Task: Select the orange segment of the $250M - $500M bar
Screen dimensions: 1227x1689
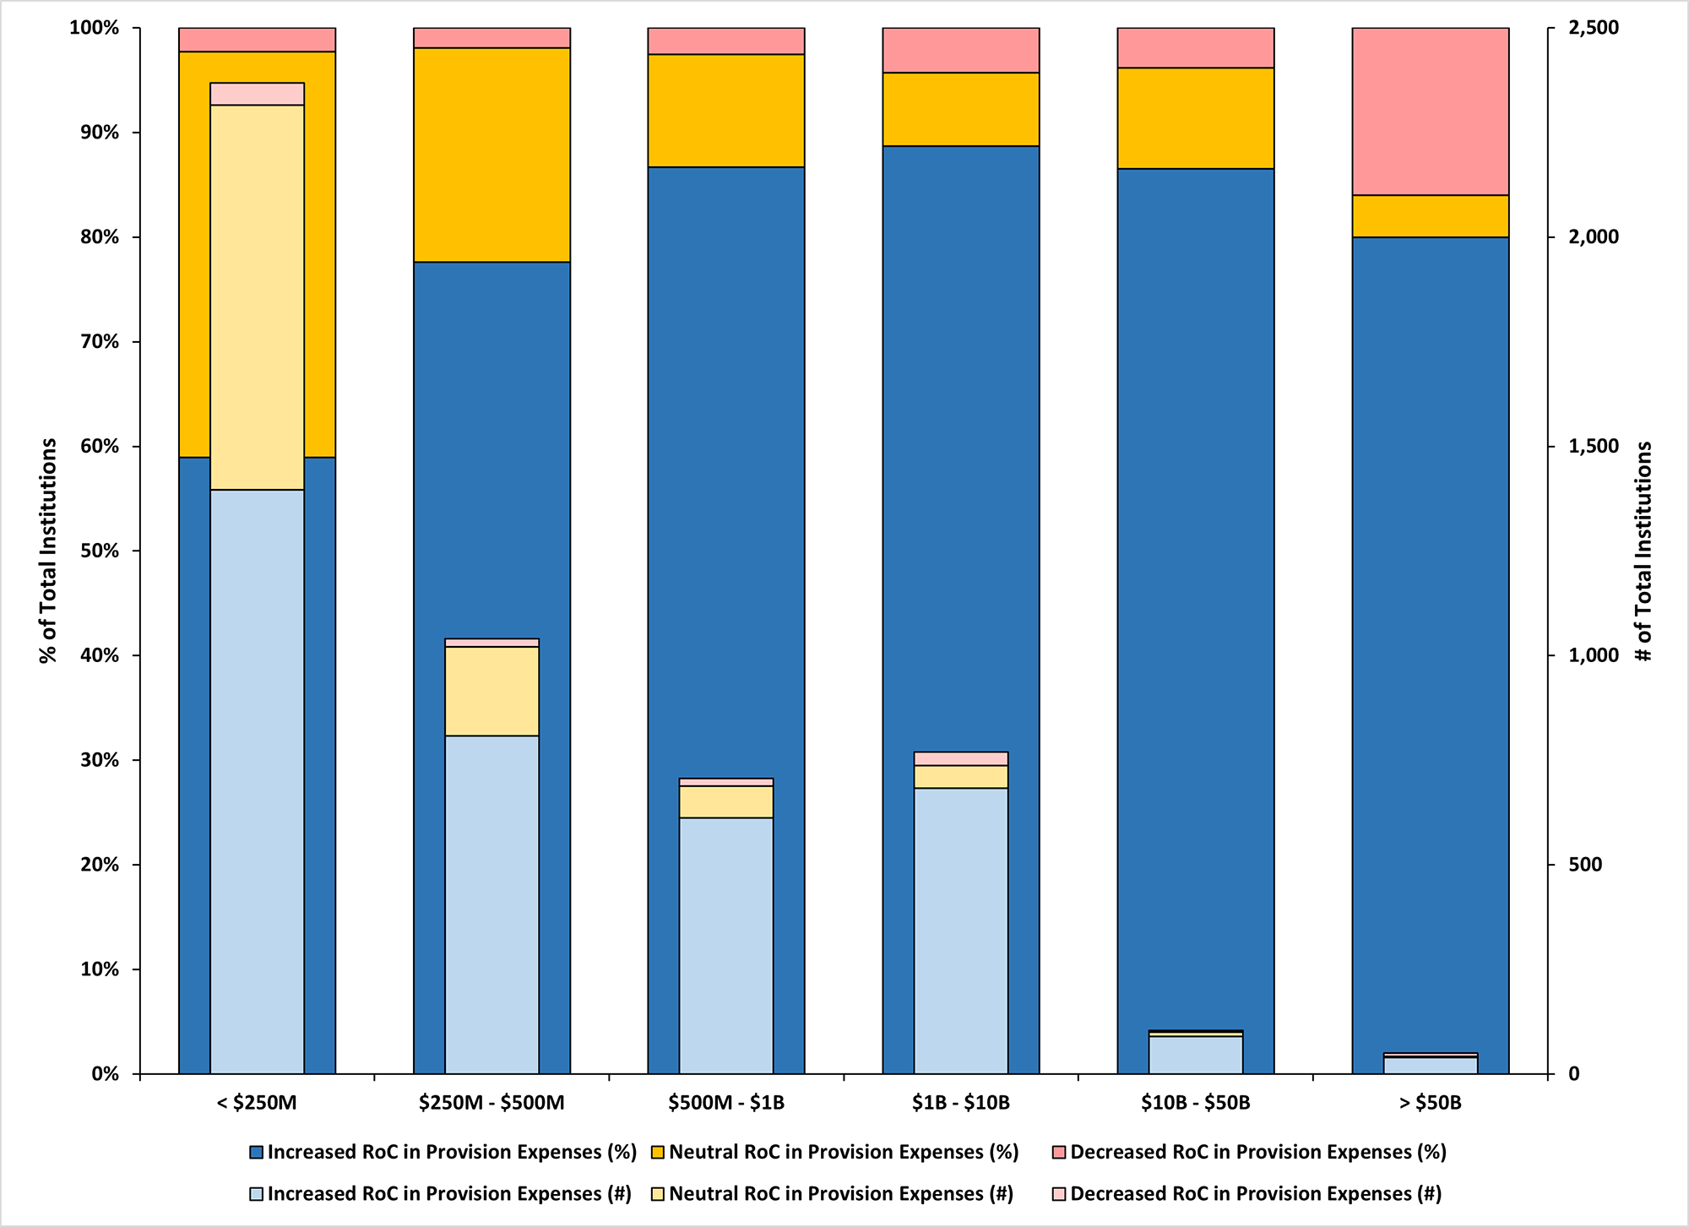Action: click(491, 155)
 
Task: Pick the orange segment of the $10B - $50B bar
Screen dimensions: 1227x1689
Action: click(1195, 118)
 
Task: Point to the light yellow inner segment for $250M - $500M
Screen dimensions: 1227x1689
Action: click(491, 691)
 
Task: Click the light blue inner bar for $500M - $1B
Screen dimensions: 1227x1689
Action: click(725, 945)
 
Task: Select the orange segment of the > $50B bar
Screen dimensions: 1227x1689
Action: click(1430, 216)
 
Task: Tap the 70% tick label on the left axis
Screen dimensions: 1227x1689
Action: click(94, 342)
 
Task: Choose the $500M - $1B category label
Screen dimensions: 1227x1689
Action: click(725, 1103)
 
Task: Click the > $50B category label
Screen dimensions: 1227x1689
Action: click(1430, 1103)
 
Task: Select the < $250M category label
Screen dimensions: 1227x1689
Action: click(257, 1103)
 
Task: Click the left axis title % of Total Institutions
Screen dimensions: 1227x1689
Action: click(48, 551)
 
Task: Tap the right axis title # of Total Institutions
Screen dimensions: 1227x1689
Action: click(1643, 551)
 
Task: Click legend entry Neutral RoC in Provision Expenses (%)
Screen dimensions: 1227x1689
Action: click(843, 1153)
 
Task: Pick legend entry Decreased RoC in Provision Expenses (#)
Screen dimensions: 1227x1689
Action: click(1255, 1194)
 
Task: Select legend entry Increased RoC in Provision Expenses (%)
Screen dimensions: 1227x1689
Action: click(451, 1153)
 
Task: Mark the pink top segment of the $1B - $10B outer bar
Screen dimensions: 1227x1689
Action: click(960, 50)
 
